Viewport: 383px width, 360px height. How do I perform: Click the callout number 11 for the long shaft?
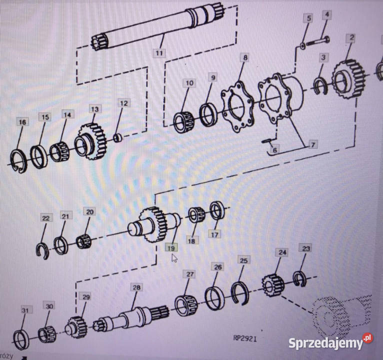159,53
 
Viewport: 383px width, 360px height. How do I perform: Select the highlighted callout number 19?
171,248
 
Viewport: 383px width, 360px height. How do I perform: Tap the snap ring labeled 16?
19,161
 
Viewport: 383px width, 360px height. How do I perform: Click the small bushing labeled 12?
118,138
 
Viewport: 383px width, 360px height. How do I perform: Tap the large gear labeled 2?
349,79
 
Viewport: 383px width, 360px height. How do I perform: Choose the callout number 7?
312,144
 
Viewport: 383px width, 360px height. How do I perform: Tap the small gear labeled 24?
273,285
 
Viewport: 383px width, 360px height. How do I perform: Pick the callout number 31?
25,310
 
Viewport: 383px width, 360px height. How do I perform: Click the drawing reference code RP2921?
245,338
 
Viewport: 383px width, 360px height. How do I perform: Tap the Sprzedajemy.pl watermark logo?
330,341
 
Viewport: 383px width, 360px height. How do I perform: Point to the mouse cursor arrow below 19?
174,258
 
